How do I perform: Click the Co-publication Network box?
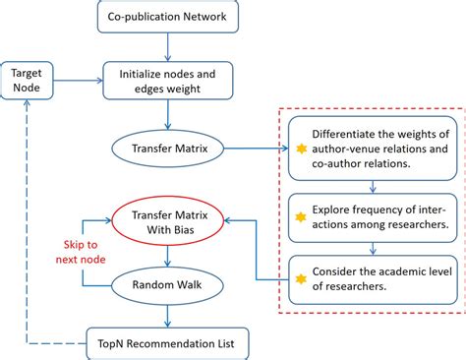(173, 17)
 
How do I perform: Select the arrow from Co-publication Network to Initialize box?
(173, 45)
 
